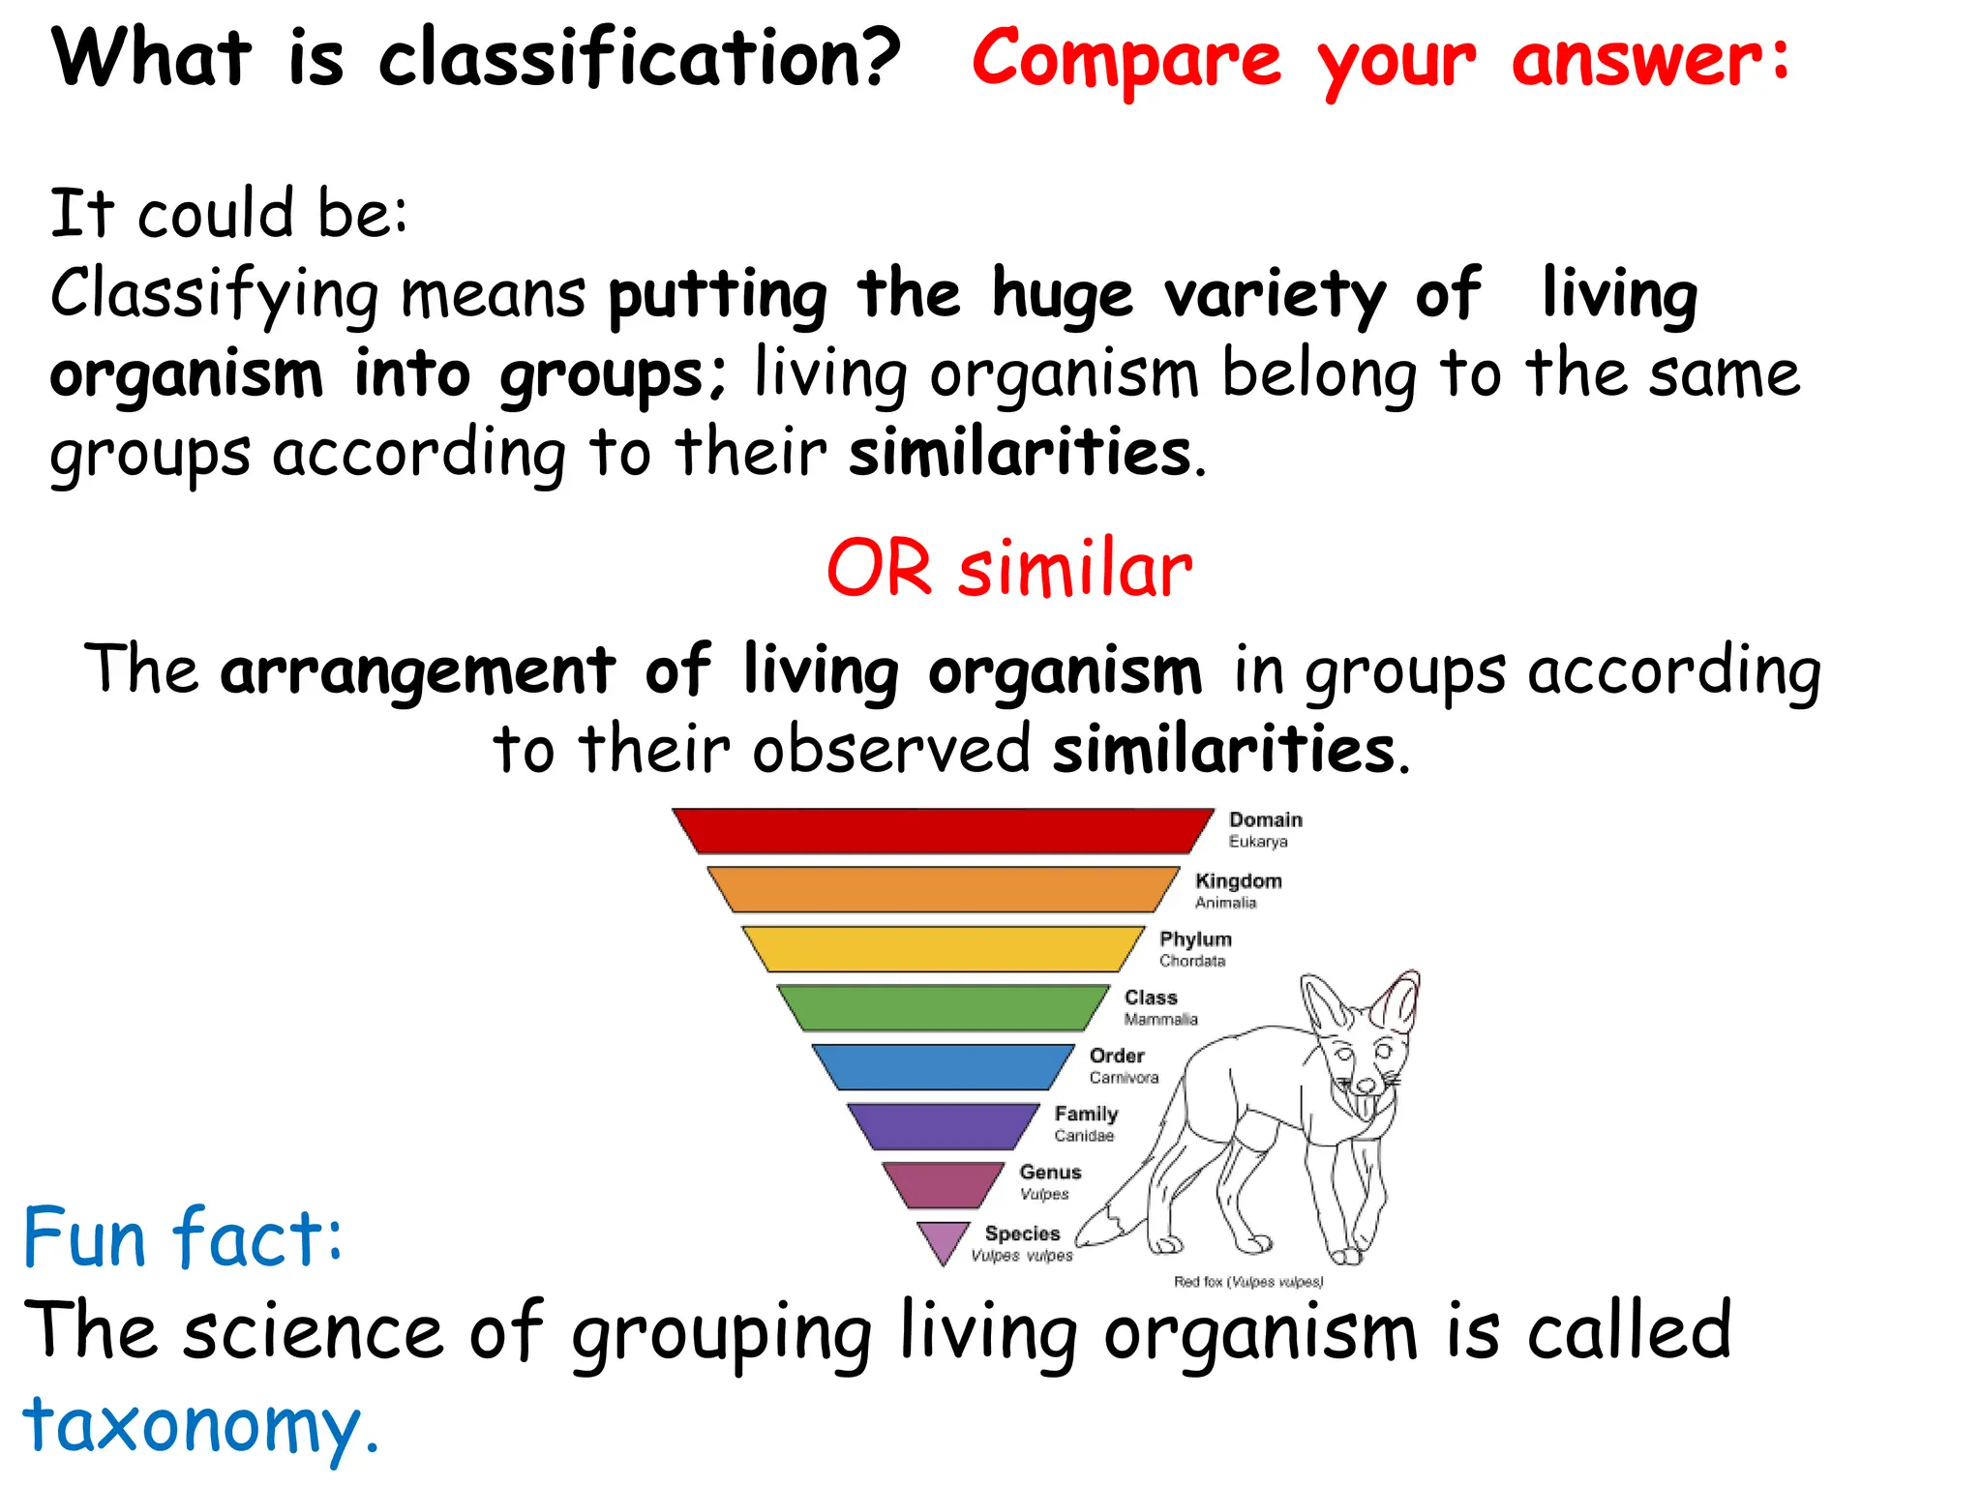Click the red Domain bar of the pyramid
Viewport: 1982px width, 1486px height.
coord(943,830)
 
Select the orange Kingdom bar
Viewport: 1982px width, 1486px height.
coord(943,889)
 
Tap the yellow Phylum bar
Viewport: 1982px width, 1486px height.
coord(943,948)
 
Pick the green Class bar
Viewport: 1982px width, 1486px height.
coord(943,1007)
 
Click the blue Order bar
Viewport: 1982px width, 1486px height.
coord(943,1066)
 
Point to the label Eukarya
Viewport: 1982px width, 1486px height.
coord(1257,842)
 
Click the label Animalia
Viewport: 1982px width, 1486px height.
coord(1225,903)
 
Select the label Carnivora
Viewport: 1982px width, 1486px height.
coord(1123,1078)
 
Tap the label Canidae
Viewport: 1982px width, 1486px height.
coord(1084,1136)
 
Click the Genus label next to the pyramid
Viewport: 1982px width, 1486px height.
coord(1050,1172)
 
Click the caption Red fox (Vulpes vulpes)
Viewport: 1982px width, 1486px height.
coord(1247,1282)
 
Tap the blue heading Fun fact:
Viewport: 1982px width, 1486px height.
coord(182,1237)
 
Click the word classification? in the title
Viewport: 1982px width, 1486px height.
coord(639,58)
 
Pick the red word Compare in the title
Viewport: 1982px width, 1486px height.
coord(1126,60)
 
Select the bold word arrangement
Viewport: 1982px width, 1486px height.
coord(417,670)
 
